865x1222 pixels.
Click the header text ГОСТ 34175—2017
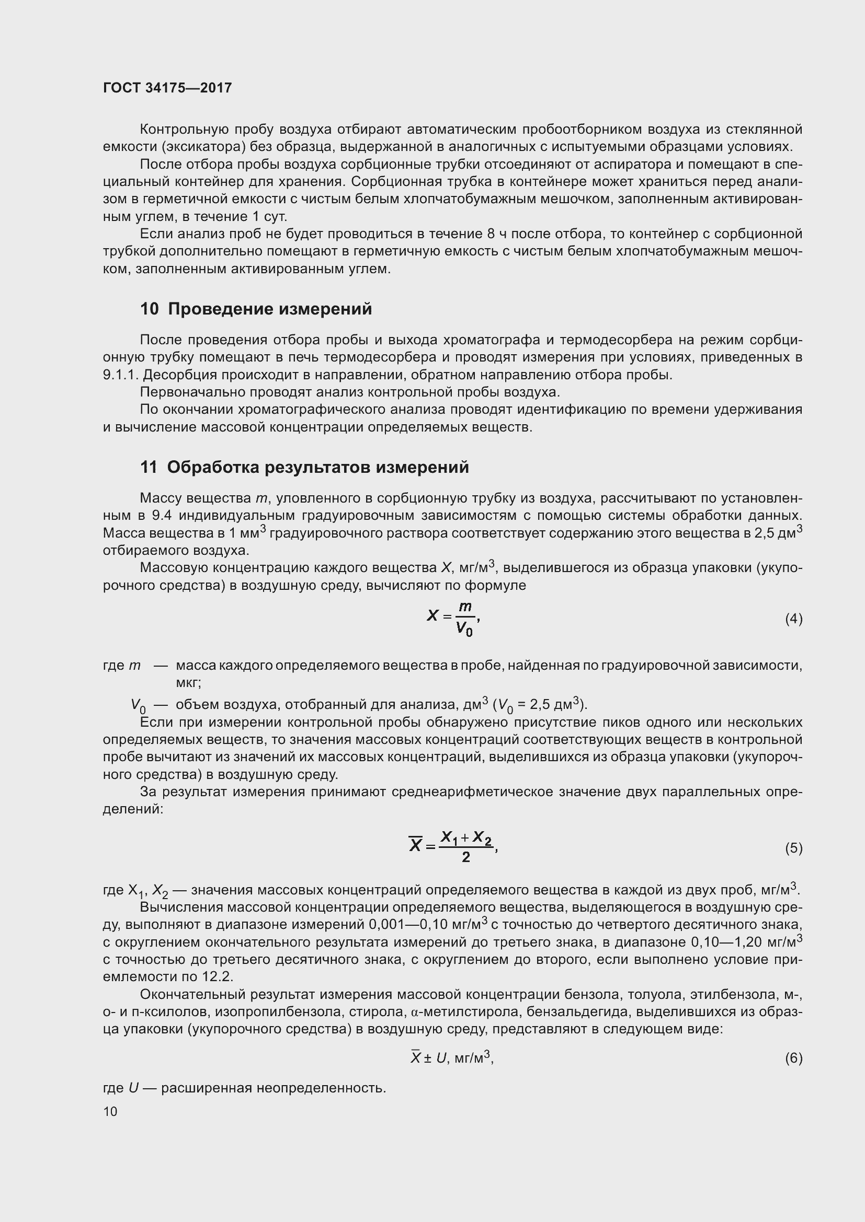click(167, 88)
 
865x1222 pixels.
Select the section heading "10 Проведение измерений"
click(256, 309)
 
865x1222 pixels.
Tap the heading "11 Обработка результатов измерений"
click(304, 467)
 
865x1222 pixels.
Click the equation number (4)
click(793, 619)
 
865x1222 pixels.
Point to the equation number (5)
click(793, 848)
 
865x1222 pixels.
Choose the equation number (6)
click(793, 1058)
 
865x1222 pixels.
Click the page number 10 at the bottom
click(110, 1112)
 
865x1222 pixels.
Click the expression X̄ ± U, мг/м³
click(452, 1058)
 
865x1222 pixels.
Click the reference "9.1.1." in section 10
click(120, 375)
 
